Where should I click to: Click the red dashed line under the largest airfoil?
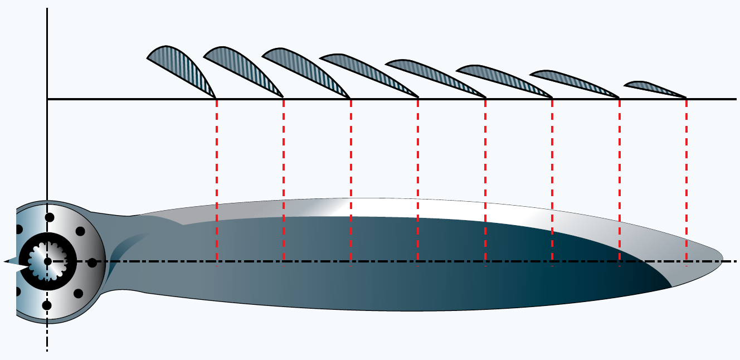click(x=216, y=178)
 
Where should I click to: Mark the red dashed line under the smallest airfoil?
click(x=686, y=178)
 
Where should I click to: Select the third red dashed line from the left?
click(x=350, y=178)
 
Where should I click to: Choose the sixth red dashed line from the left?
click(x=552, y=178)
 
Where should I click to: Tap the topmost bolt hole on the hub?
click(x=49, y=217)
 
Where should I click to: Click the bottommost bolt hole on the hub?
click(x=47, y=305)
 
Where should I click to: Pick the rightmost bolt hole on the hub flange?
click(x=93, y=262)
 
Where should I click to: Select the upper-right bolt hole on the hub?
click(x=80, y=231)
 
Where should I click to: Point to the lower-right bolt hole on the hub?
click(x=78, y=293)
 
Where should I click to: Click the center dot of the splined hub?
click(x=47, y=261)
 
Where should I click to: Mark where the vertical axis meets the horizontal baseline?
click(x=47, y=99)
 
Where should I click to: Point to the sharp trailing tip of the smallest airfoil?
click(x=685, y=98)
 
